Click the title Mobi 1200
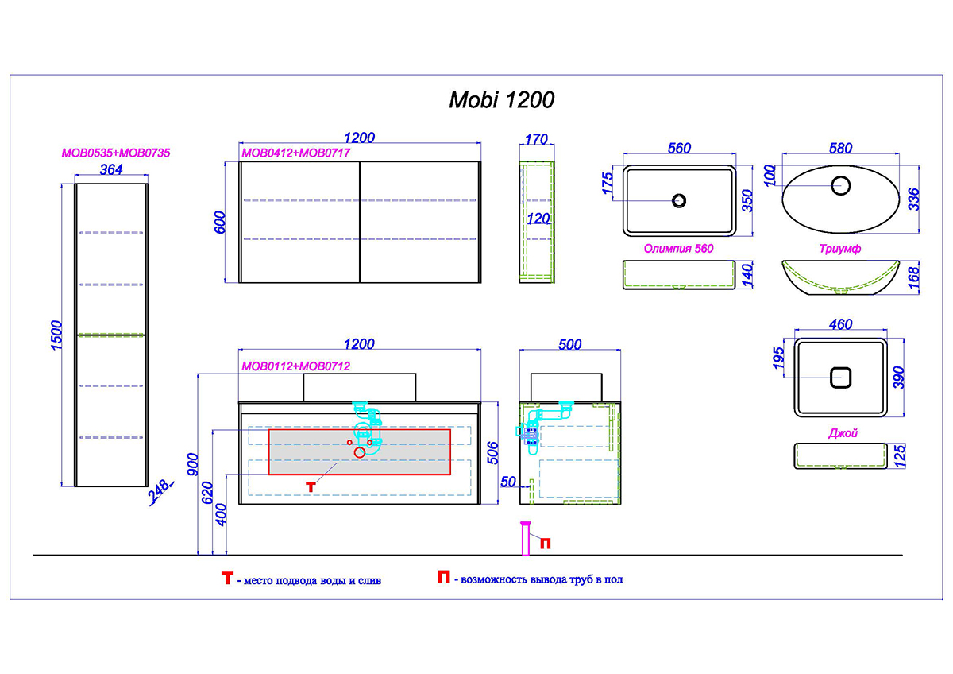coord(502,99)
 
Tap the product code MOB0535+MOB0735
coord(116,153)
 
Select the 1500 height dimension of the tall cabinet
coord(56,335)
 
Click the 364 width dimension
coord(111,169)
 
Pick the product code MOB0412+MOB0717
coord(295,153)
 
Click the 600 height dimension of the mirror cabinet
coord(219,222)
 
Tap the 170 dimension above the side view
coord(536,139)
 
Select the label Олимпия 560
coord(678,248)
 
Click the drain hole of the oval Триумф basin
coord(840,186)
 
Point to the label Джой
coord(843,433)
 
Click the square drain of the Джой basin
coord(840,378)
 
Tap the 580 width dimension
coord(840,148)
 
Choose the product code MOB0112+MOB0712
coord(295,366)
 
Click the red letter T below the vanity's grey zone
coord(311,487)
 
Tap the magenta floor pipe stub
coord(526,539)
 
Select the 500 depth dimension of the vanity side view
coord(569,344)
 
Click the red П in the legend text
coord(443,577)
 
